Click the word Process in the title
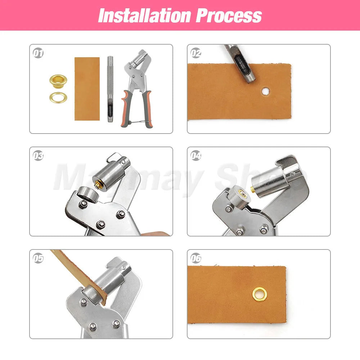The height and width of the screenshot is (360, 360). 229,15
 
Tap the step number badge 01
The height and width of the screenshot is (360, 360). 38,53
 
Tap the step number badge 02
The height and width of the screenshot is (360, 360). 196,53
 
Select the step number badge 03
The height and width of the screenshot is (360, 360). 38,156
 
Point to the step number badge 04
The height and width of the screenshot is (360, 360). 196,156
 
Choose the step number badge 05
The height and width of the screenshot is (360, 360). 38,258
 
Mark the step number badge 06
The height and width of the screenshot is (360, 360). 196,258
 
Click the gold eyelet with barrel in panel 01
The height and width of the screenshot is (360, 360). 58,79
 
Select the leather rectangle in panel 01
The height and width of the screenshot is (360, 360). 87,89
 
